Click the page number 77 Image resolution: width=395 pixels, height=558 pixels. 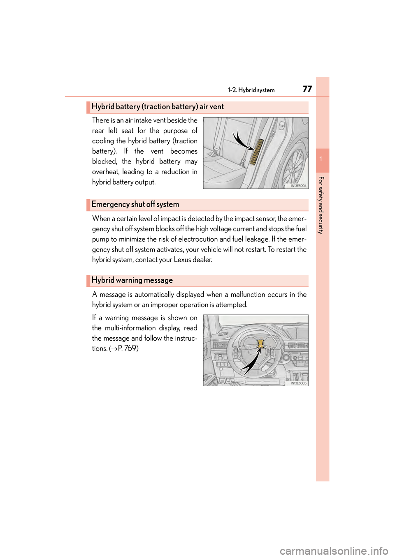pyautogui.click(x=307, y=89)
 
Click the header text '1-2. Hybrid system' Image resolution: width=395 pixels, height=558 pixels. pyautogui.click(x=251, y=90)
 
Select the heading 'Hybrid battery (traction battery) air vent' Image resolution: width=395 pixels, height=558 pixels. pyautogui.click(x=158, y=107)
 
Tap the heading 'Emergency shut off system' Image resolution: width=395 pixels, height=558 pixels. pyautogui.click(x=135, y=204)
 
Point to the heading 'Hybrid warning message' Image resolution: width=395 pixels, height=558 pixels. pyautogui.click(x=132, y=280)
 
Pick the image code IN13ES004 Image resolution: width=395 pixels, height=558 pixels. pyautogui.click(x=298, y=186)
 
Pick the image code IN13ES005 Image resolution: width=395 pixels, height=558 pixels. pyautogui.click(x=298, y=383)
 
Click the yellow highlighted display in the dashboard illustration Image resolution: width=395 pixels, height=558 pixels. pyautogui.click(x=260, y=344)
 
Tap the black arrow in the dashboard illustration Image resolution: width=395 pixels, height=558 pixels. pyautogui.click(x=251, y=362)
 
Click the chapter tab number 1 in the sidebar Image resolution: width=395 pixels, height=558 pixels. pyautogui.click(x=322, y=159)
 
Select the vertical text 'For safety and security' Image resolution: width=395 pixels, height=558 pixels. pyautogui.click(x=321, y=205)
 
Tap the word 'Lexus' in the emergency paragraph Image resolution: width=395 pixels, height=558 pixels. pyautogui.click(x=182, y=260)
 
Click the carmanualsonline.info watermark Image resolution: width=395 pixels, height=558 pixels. pyautogui.click(x=334, y=551)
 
